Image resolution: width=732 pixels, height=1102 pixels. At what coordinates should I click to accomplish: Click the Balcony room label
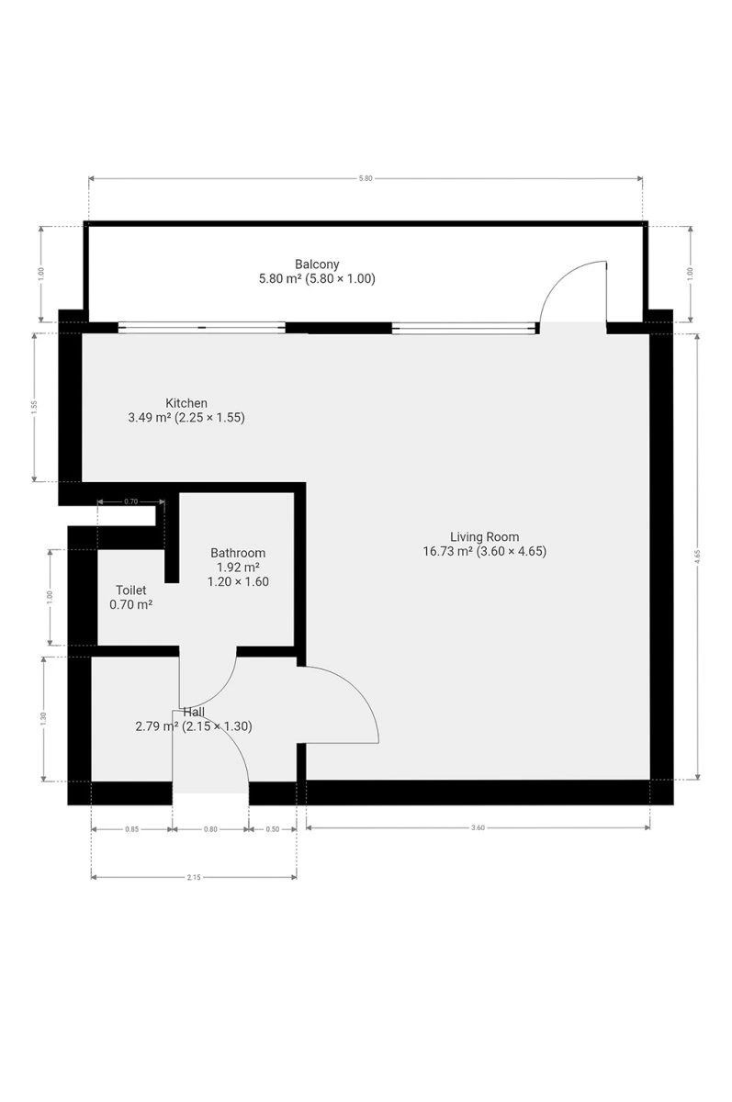317,264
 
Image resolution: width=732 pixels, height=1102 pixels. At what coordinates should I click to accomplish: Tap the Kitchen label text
186,403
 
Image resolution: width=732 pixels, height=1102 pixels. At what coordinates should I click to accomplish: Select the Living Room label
484,536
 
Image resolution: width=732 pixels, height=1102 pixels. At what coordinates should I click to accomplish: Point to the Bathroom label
238,553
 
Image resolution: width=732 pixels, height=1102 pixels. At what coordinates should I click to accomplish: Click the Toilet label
130,590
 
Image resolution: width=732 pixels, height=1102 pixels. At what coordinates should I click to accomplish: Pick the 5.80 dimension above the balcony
366,178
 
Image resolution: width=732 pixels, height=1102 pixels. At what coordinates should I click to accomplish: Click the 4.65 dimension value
697,557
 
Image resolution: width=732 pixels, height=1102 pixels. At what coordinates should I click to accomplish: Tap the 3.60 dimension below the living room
478,827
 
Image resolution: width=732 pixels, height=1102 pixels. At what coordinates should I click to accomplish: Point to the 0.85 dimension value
131,829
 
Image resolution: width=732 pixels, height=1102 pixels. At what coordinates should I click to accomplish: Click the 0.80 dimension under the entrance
210,829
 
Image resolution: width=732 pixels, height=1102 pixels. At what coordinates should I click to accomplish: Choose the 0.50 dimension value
272,829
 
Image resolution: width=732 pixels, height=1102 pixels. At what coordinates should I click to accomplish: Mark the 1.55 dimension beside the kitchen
34,408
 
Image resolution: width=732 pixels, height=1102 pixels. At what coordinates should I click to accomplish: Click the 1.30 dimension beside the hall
43,719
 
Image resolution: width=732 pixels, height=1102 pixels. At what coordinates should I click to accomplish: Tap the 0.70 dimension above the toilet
130,501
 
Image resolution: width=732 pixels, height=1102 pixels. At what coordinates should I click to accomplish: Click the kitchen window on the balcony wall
202,327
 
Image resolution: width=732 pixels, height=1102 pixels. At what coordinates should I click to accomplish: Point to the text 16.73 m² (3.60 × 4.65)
485,551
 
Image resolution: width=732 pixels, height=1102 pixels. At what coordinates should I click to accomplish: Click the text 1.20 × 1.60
238,581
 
